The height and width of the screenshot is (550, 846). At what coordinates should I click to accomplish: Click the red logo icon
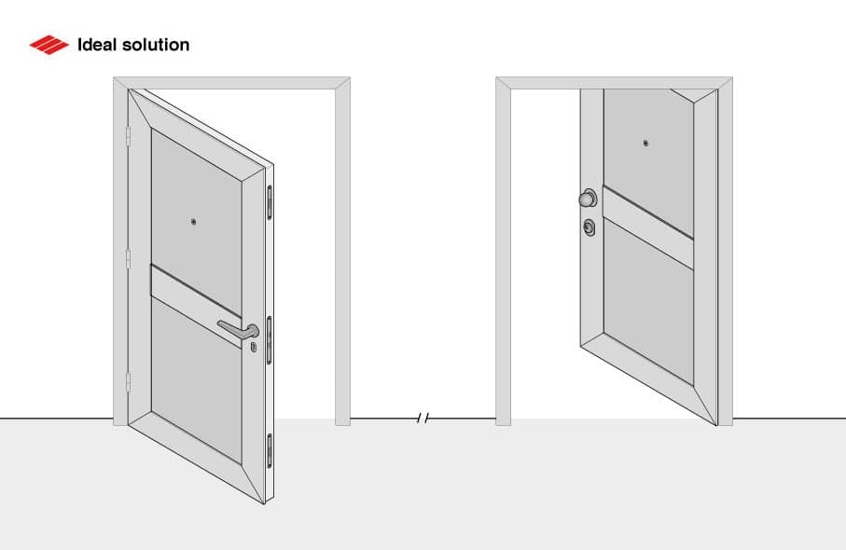tap(49, 45)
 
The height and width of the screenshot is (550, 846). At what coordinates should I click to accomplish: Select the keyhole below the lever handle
tap(253, 347)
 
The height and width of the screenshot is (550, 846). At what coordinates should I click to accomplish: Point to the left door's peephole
tap(193, 223)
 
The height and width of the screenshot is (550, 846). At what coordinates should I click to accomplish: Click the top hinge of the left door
tap(128, 136)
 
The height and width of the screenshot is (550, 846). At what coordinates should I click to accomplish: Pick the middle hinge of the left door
tap(128, 258)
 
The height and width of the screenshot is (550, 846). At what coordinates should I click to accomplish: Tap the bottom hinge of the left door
tap(128, 381)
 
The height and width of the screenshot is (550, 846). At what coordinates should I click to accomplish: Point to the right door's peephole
tap(645, 144)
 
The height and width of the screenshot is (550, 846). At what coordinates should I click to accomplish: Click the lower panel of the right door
tap(648, 308)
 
